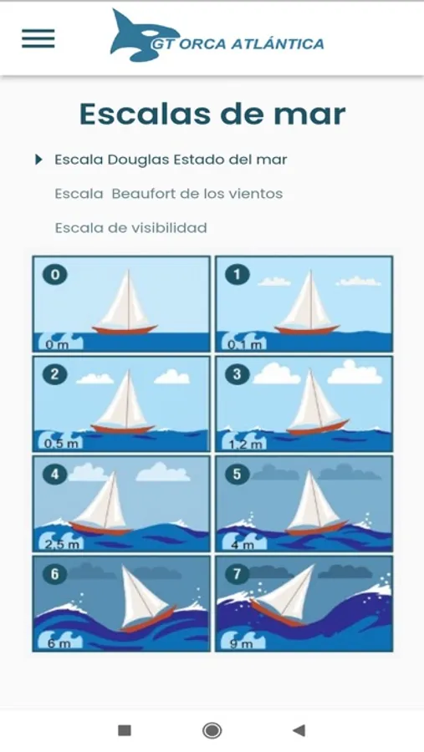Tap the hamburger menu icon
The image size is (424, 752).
click(x=38, y=38)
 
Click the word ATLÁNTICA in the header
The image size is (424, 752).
click(x=278, y=43)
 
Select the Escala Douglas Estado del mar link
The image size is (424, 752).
click(x=171, y=160)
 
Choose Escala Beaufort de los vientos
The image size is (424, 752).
click(x=169, y=194)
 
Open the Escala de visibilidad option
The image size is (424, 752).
click(x=130, y=227)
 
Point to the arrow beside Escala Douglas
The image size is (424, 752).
click(x=39, y=160)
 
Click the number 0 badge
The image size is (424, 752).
click(x=55, y=275)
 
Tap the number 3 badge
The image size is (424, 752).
click(x=237, y=374)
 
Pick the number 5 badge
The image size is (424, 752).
click(x=237, y=475)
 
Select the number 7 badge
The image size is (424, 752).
click(x=237, y=574)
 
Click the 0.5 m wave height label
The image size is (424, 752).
click(x=60, y=443)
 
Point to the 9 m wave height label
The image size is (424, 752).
click(x=241, y=643)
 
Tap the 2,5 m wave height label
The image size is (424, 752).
click(x=61, y=544)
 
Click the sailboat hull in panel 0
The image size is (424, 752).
click(x=125, y=330)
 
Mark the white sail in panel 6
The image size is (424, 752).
click(x=140, y=595)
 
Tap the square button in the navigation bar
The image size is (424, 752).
click(x=125, y=730)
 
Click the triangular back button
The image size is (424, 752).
click(x=299, y=730)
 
